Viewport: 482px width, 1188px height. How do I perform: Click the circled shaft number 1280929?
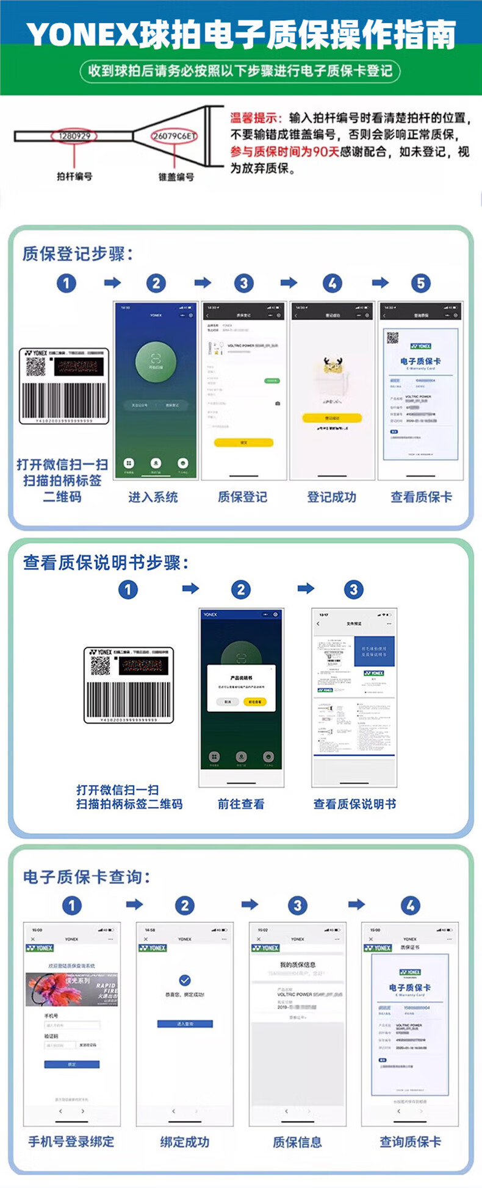[74, 136]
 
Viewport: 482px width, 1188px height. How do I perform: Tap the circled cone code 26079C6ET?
[174, 136]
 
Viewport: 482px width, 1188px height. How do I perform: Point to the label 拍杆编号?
[74, 176]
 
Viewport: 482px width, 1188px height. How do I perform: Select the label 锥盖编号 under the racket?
[176, 177]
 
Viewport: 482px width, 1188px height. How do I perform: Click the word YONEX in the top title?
[82, 35]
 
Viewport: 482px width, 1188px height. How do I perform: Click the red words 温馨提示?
[256, 118]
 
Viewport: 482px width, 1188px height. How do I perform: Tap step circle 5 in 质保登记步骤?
[420, 283]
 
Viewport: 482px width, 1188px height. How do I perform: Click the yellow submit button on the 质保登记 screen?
[243, 442]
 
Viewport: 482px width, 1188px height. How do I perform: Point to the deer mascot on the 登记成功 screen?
[333, 365]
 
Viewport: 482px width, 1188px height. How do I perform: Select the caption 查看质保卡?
[421, 497]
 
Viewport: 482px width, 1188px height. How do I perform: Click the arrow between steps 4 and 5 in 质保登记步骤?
[380, 283]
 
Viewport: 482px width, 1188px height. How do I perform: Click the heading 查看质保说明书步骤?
[106, 563]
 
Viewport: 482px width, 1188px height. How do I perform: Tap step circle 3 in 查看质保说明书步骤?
[354, 589]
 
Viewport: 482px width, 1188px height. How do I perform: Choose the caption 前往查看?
[241, 804]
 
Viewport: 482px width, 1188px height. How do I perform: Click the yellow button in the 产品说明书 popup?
[254, 702]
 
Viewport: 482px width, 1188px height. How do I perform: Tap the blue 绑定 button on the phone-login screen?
[71, 1064]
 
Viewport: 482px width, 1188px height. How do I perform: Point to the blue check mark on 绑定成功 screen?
[185, 980]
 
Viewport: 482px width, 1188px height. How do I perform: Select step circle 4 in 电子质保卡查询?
[411, 906]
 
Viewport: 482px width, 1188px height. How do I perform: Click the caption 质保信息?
[297, 1142]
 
